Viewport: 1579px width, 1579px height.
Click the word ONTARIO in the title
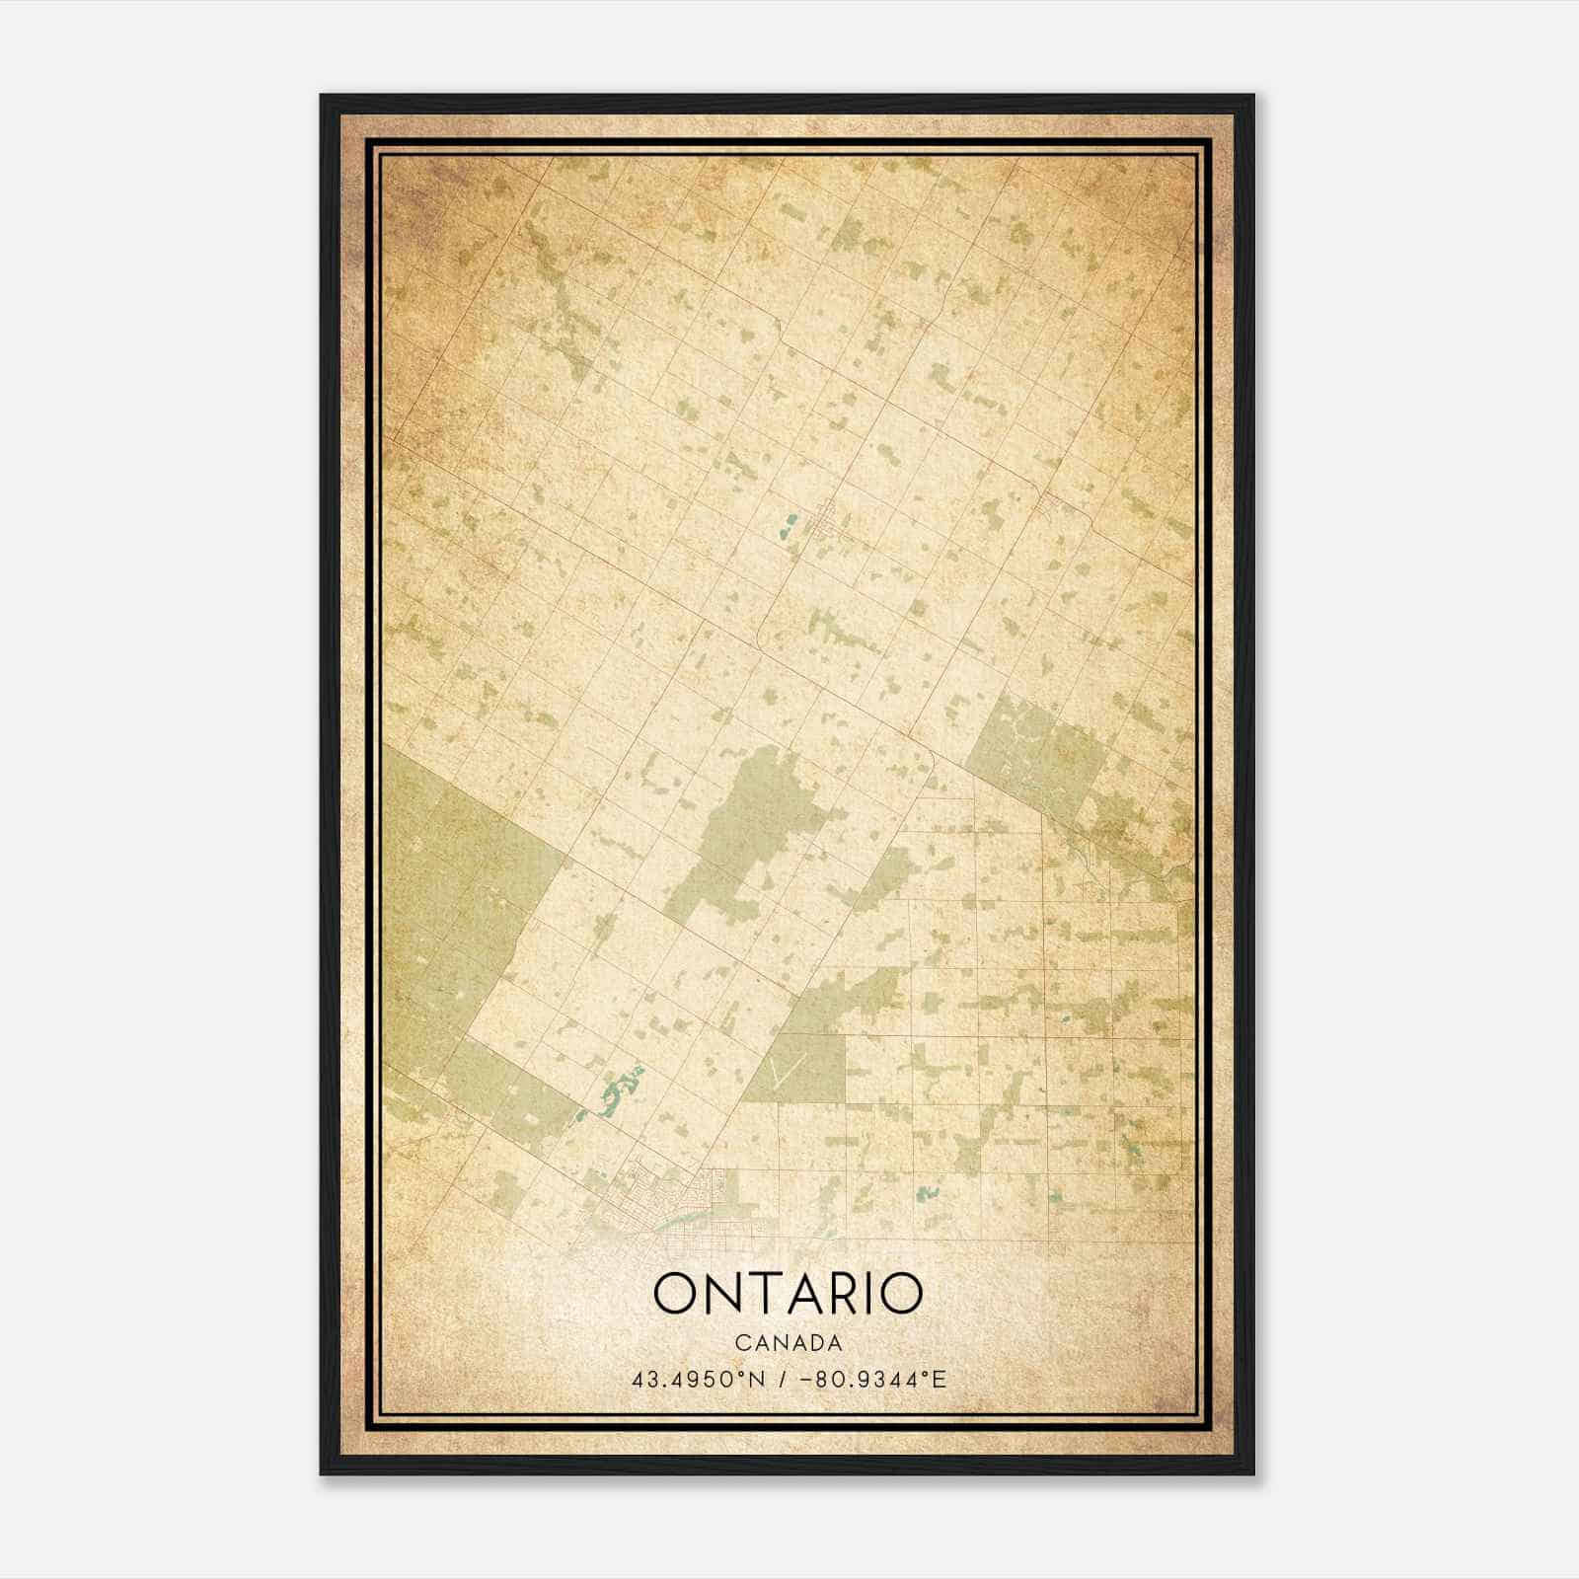tap(788, 1293)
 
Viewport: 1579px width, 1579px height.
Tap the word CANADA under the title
tap(788, 1343)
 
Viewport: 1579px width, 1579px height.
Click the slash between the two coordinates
tap(783, 1380)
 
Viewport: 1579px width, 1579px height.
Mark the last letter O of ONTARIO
tap(900, 1293)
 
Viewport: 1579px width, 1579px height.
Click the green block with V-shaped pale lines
tap(797, 1066)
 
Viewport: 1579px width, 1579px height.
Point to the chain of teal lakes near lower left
tap(617, 1092)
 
